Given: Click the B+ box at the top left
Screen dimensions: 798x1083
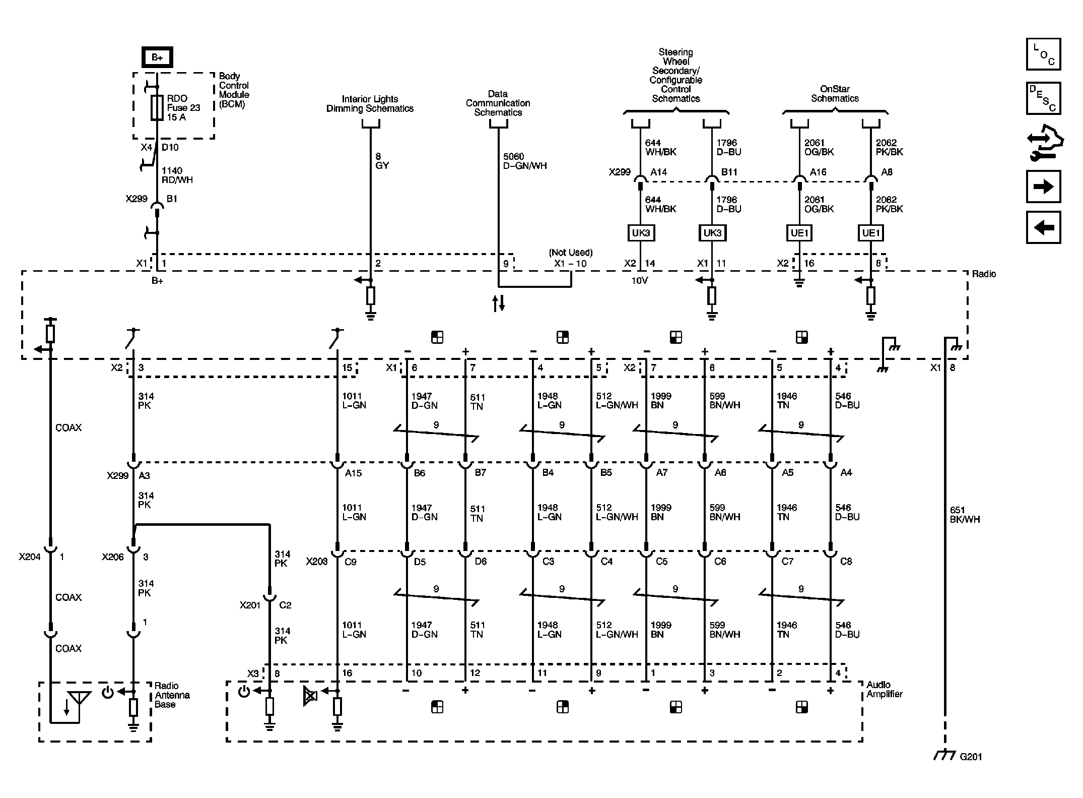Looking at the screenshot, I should [157, 57].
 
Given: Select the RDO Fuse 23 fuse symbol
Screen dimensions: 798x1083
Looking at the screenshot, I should [157, 107].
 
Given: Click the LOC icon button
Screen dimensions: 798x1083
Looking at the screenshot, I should [1043, 54].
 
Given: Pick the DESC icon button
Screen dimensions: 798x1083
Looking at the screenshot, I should [1043, 98].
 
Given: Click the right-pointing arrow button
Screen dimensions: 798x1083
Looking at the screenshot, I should [1043, 187].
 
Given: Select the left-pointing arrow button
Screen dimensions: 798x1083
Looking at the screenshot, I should [1043, 228].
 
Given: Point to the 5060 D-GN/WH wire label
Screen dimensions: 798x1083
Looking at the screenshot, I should [524, 161].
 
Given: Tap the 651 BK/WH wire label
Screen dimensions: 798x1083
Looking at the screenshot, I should [964, 515].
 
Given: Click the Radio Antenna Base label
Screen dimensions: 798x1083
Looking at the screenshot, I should [172, 695].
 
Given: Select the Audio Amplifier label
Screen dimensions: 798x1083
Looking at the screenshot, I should [884, 689].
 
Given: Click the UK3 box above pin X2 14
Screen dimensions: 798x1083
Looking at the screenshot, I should [641, 233].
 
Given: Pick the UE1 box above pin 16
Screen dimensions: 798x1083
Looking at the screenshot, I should [799, 233].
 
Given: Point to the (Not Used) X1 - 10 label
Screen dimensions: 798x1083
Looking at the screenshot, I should [570, 258].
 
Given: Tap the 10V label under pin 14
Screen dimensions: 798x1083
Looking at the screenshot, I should [639, 281].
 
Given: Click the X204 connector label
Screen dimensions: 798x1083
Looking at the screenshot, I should [30, 557].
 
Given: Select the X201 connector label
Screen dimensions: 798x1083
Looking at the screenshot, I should [250, 605].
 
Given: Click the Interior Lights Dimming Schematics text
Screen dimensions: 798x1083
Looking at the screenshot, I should [370, 104].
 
